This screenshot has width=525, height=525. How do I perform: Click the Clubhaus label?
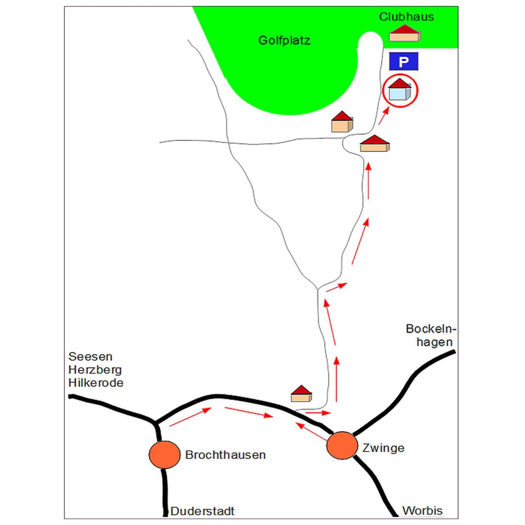click(x=406, y=17)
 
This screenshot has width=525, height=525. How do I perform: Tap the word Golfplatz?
click(x=284, y=41)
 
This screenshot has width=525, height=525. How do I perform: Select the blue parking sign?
click(x=403, y=62)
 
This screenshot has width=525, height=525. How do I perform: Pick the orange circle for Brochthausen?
click(x=164, y=455)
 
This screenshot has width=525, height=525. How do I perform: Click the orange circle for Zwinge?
click(x=342, y=445)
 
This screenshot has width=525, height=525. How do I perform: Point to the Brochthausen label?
click(x=225, y=455)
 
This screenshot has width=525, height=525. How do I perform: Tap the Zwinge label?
click(x=383, y=448)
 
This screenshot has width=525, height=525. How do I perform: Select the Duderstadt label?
click(x=203, y=511)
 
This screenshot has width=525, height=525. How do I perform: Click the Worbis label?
click(x=422, y=511)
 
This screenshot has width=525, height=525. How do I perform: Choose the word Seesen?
click(x=90, y=357)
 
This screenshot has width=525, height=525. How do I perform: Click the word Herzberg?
click(x=95, y=370)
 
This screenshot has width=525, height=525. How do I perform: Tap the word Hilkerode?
click(x=96, y=383)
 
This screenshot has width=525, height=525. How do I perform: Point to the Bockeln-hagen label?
click(x=431, y=335)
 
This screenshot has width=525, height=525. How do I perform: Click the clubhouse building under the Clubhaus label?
click(x=405, y=33)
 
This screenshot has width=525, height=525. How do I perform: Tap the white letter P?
click(x=403, y=62)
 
